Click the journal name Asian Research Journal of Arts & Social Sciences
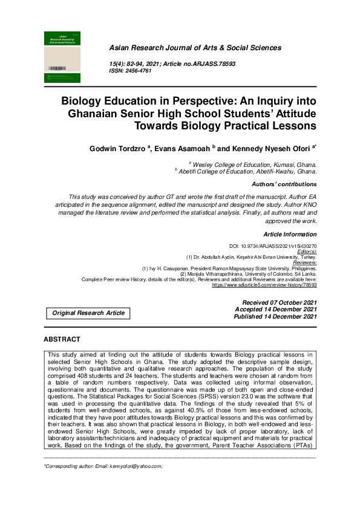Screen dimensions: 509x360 (194, 48)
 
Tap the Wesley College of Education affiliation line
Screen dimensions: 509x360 (254, 164)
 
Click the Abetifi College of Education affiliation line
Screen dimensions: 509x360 (247, 171)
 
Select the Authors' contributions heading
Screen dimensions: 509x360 (284, 184)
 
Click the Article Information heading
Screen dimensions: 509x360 (290, 234)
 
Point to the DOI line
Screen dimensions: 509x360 (273, 247)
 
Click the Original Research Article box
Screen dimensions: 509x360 (88, 313)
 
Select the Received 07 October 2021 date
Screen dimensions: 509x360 (279, 302)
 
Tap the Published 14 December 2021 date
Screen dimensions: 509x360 (275, 316)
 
